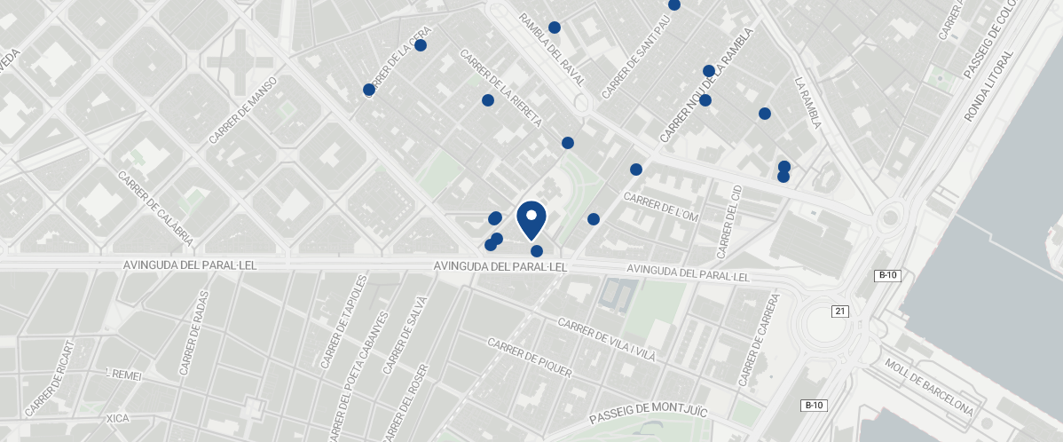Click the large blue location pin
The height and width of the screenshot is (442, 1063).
531,219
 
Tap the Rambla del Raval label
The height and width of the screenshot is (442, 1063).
552,49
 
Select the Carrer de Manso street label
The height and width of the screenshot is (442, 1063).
243,111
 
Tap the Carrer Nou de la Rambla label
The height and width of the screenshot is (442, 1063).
706,85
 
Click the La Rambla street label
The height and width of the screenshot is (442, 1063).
807,102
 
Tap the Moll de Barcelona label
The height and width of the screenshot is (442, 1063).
929,388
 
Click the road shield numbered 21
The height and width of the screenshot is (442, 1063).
839,312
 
